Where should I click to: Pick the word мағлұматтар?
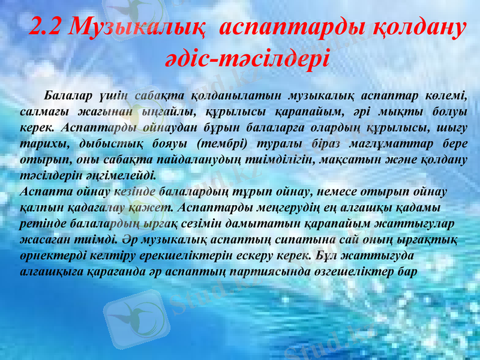tap(385, 145)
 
